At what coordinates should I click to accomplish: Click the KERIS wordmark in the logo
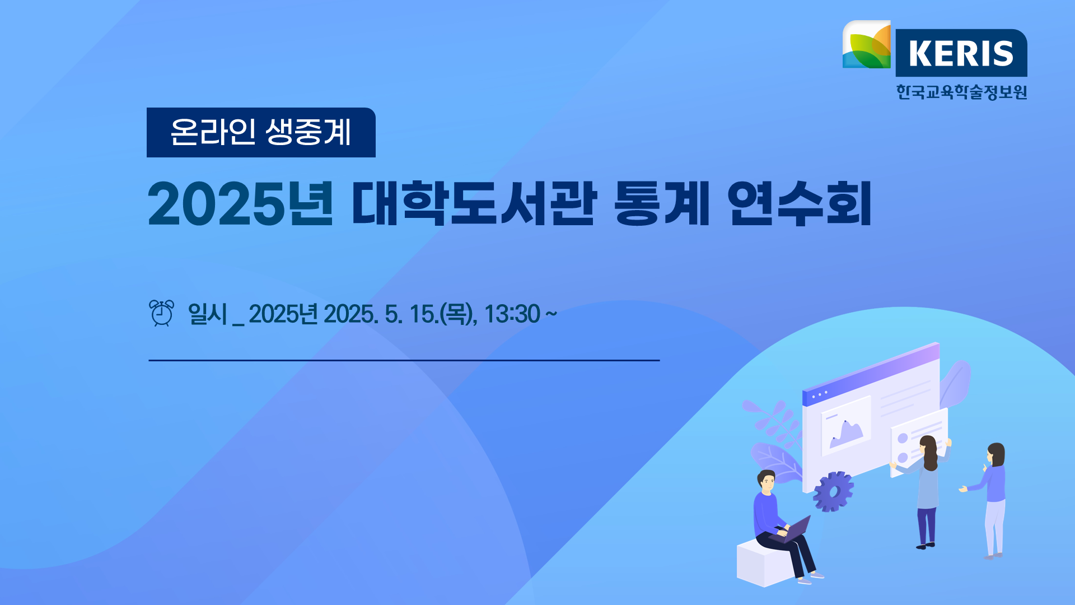[x=961, y=53]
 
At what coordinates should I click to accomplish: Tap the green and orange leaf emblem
[x=867, y=44]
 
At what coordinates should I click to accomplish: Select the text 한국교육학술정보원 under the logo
[x=961, y=92]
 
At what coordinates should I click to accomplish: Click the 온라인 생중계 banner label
[x=261, y=132]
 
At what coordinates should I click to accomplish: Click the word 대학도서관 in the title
[x=474, y=203]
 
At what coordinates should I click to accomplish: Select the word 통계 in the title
[x=662, y=203]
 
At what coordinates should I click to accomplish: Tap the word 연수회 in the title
[x=800, y=203]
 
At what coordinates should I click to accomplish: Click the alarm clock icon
[x=162, y=313]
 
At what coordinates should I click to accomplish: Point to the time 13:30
[x=512, y=314]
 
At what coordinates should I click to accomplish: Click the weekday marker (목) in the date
[x=457, y=314]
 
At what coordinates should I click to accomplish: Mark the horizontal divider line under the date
[x=404, y=360]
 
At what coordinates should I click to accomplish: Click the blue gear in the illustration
[x=833, y=491]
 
